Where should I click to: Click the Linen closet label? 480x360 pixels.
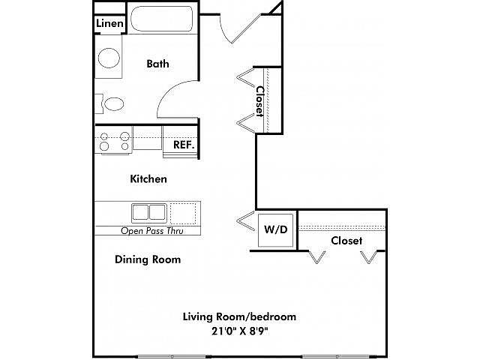(109, 23)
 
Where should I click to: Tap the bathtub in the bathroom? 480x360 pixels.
(162, 18)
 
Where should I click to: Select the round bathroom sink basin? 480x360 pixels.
(109, 58)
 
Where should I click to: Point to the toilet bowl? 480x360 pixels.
(114, 104)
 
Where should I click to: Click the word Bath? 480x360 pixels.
(157, 64)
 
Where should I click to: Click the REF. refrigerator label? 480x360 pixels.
(184, 145)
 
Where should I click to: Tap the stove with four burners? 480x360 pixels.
(114, 142)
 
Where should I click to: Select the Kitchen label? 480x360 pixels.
(148, 178)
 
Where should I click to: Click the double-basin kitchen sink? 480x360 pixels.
(149, 213)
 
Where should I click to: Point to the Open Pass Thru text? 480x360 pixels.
(152, 230)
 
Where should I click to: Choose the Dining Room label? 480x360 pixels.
(148, 259)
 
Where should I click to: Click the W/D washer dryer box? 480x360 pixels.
(275, 230)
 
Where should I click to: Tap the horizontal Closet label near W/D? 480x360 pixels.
(346, 241)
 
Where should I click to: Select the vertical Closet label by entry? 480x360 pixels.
(259, 101)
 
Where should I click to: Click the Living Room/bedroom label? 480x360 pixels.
(239, 316)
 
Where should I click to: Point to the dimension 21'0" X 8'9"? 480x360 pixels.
(240, 331)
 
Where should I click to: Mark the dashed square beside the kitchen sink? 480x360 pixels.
(183, 213)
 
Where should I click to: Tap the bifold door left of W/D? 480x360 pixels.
(246, 220)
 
